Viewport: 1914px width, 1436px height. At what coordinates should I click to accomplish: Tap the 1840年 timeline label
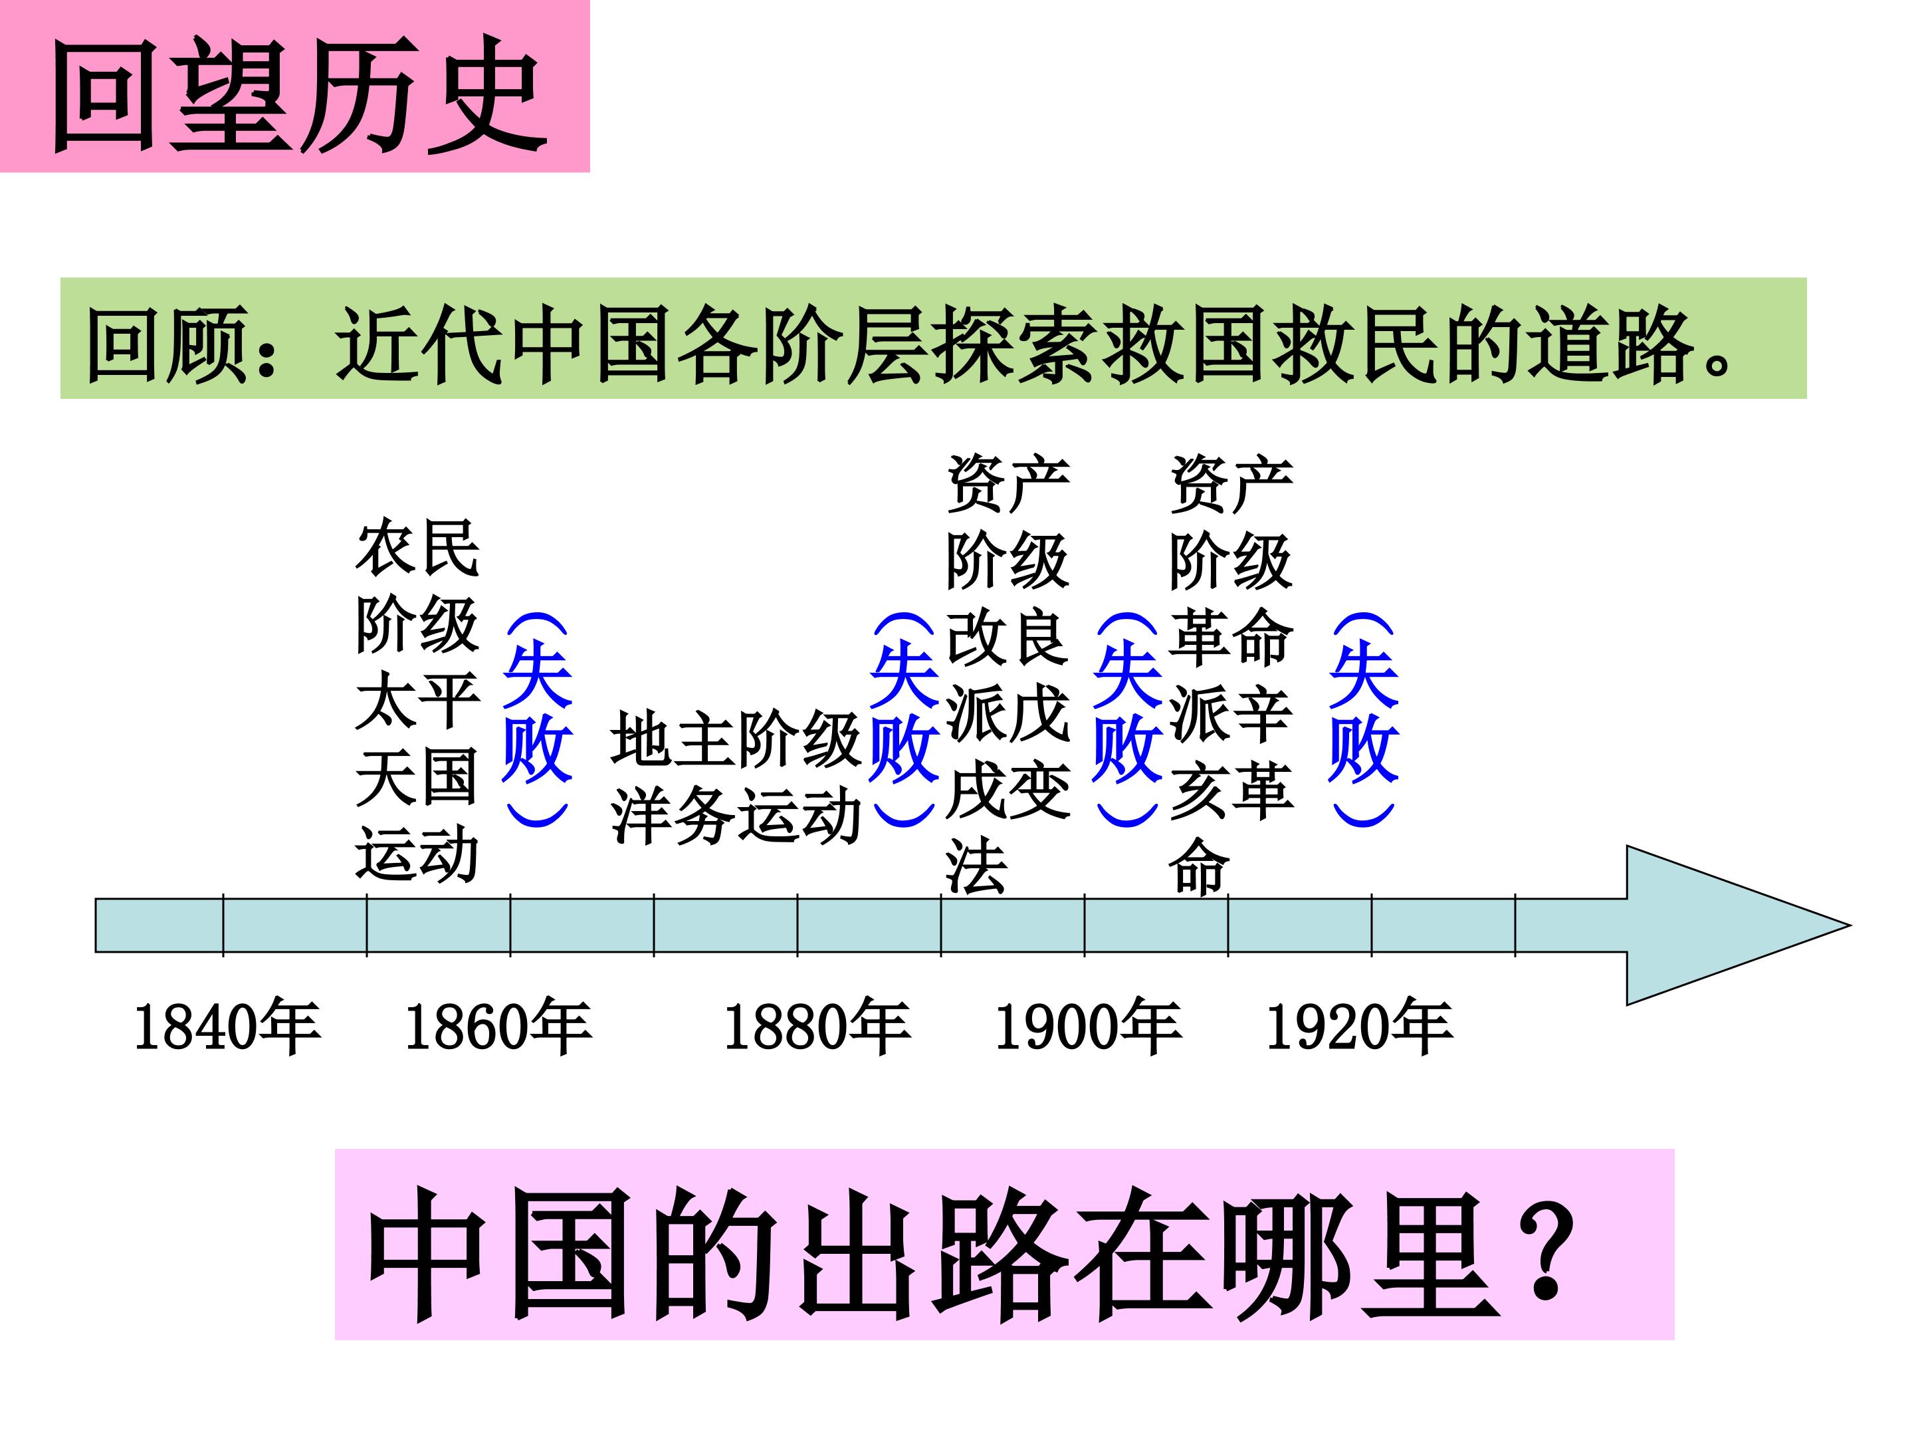(227, 1027)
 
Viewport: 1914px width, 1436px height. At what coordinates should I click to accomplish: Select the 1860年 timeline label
(498, 1027)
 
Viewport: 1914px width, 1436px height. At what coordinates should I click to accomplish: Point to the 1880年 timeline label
(817, 1027)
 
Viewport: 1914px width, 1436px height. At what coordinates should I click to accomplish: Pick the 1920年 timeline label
(1359, 1027)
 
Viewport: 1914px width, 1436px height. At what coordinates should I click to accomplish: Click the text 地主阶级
(736, 740)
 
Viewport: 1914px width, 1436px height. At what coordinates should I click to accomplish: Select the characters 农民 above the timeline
(417, 548)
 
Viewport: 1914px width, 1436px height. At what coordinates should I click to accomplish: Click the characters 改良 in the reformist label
(1008, 639)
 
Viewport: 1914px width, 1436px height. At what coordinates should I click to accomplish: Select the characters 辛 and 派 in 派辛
(1231, 715)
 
